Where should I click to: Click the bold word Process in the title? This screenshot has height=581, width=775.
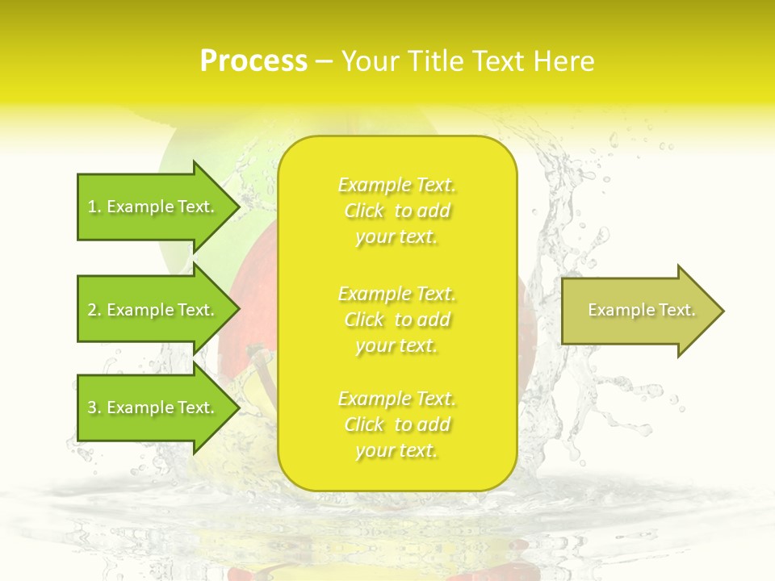coord(253,61)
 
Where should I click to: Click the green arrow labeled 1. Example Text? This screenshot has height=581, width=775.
coord(153,207)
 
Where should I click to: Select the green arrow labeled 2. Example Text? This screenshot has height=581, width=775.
coord(153,310)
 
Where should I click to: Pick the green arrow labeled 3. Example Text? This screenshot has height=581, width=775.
coord(153,408)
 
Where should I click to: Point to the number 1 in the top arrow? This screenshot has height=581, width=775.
coord(92,207)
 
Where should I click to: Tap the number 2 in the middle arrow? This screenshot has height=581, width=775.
coord(92,310)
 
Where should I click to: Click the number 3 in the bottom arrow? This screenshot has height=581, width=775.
coord(92,408)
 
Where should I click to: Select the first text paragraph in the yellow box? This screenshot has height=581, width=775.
coord(396,211)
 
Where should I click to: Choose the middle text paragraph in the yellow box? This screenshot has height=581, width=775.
coord(396,320)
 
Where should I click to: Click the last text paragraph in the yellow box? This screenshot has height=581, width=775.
coord(396,424)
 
